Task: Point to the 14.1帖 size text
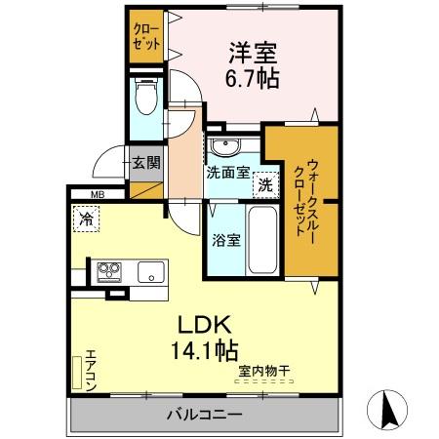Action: pos(207,348)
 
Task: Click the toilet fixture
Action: pos(146,98)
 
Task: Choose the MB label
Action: pos(99,194)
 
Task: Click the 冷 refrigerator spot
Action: pos(88,220)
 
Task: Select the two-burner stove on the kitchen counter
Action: pos(106,270)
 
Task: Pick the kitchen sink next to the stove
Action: pos(151,270)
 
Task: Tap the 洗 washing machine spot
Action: pos(264,182)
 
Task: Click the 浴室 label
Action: pos(226,240)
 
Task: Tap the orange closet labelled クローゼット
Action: pos(146,36)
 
